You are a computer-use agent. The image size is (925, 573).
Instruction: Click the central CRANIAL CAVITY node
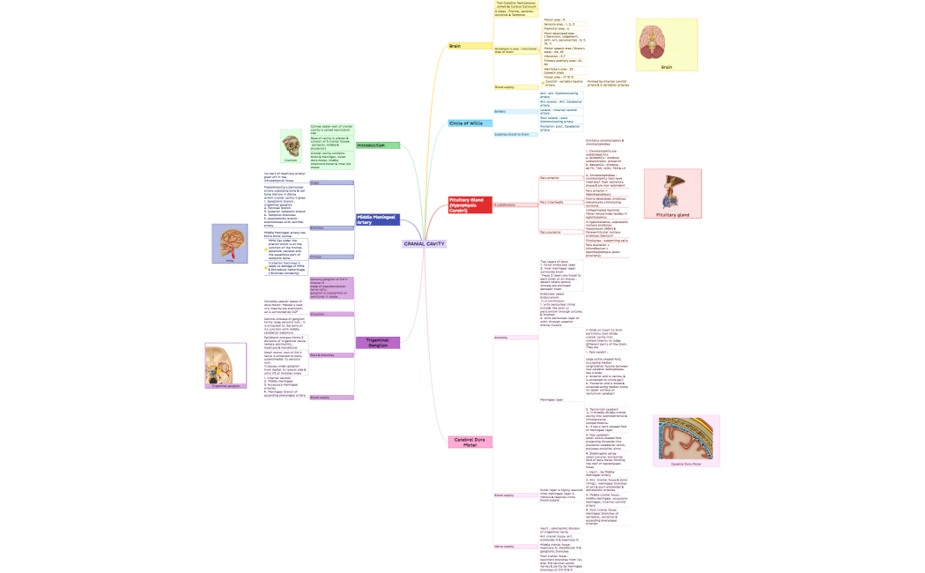[x=424, y=243]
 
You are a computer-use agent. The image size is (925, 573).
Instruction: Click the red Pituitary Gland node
[x=470, y=205]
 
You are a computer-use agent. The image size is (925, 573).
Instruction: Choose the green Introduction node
[x=377, y=145]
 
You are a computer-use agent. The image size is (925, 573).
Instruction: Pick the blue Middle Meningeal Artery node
[x=377, y=220]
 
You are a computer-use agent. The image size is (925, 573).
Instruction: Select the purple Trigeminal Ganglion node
[x=377, y=343]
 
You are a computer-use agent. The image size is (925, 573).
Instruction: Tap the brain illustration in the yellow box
[x=666, y=41]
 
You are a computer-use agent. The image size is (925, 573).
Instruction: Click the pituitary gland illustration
[x=672, y=192]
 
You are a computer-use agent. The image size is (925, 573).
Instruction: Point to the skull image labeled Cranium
[x=291, y=145]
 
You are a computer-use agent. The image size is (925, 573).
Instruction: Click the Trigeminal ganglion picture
[x=226, y=365]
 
